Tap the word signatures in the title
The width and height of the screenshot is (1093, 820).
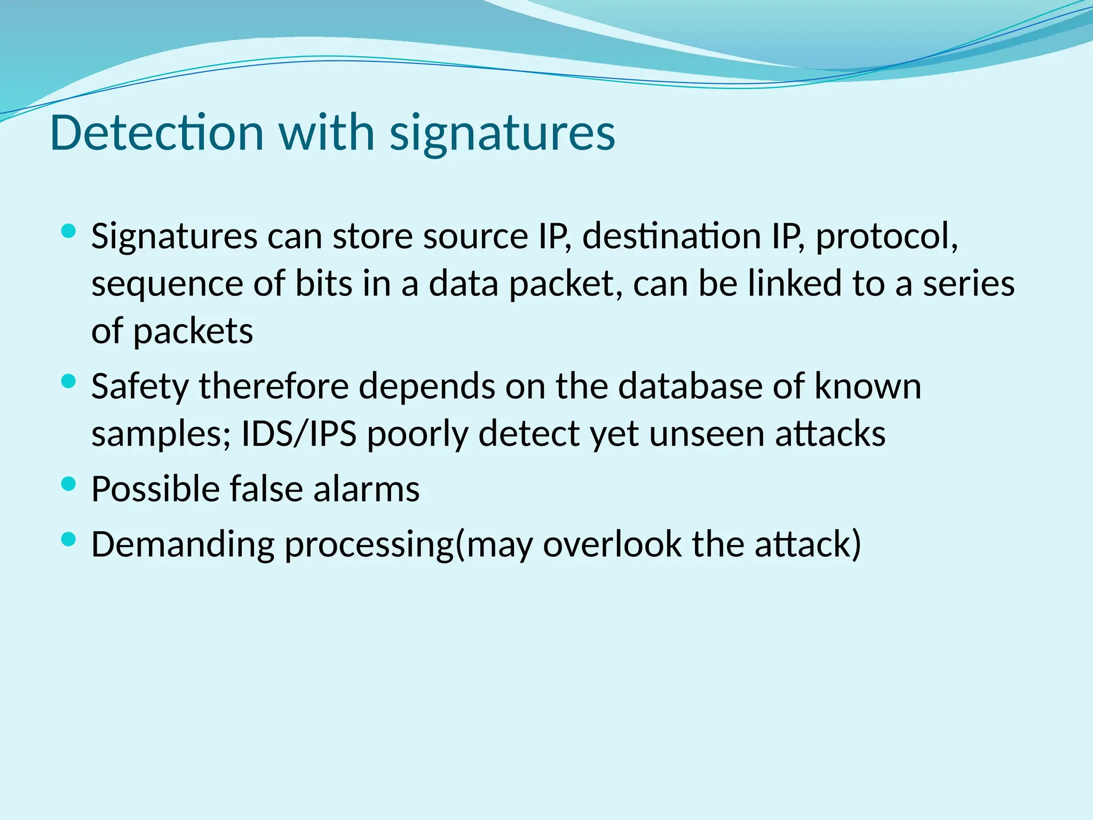502,133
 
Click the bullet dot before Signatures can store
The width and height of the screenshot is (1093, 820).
68,231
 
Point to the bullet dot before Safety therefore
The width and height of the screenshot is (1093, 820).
68,381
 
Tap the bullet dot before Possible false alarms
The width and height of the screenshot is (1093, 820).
68,484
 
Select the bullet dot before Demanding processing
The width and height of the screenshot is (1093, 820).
68,539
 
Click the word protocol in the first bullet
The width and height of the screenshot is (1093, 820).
886,236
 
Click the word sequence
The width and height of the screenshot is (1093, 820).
167,284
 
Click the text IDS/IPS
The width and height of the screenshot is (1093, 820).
299,433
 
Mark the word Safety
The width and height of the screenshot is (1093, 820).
140,387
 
